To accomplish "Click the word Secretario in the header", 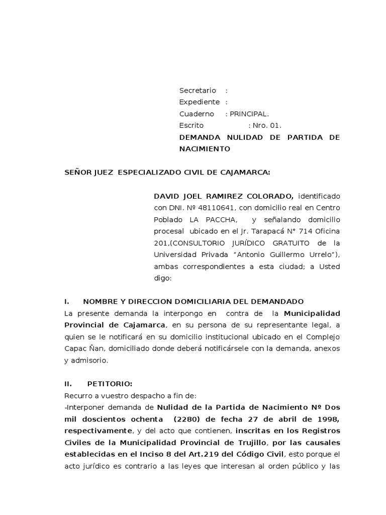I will (198, 91).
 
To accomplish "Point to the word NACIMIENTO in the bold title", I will (205, 149).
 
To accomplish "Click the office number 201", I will (161, 242).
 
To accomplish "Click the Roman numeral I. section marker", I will (66, 301).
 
